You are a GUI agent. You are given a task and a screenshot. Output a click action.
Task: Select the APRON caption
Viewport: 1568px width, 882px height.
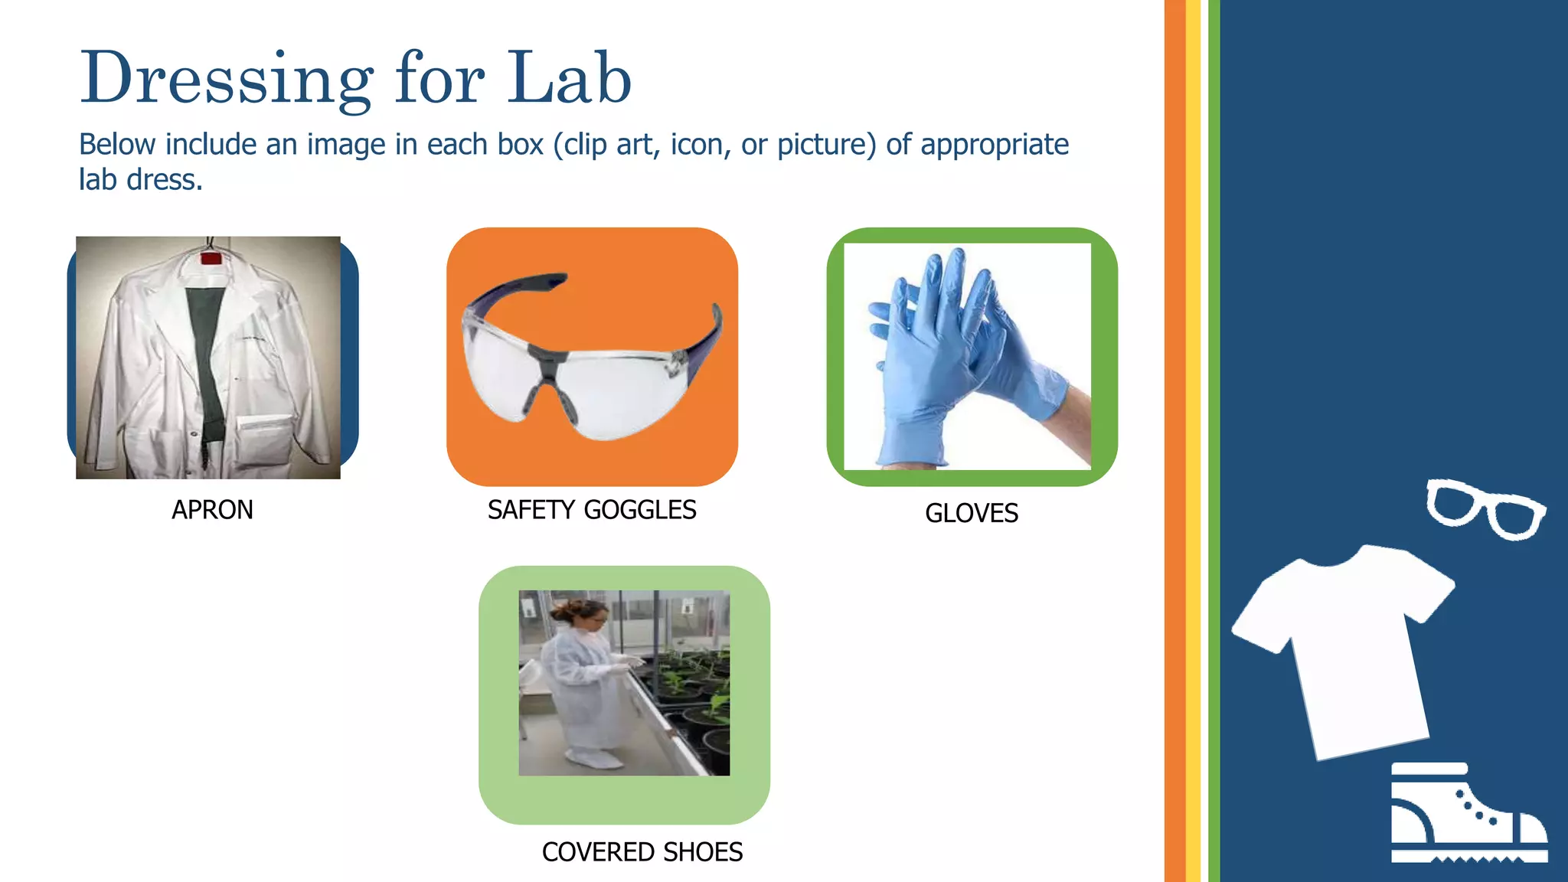coord(212,510)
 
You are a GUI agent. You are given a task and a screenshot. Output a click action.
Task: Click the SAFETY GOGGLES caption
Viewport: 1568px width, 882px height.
coord(592,510)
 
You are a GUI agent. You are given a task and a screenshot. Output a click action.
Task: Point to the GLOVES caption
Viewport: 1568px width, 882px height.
coord(972,513)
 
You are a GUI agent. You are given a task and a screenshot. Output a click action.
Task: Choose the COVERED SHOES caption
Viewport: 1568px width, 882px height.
coord(642,852)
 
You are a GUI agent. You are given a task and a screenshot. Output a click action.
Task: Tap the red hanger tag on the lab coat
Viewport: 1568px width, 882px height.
coord(211,258)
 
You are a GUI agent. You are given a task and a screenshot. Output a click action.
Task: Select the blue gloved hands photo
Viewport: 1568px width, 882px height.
coord(967,357)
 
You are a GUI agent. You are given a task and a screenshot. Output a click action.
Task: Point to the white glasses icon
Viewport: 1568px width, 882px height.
coord(1485,508)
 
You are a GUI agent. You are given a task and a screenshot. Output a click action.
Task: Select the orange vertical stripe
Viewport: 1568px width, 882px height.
coord(1174,441)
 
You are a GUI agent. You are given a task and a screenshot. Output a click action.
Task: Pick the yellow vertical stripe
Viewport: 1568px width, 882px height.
coord(1193,441)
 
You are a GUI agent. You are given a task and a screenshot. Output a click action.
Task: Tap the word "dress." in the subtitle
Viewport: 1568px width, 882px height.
coord(165,181)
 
